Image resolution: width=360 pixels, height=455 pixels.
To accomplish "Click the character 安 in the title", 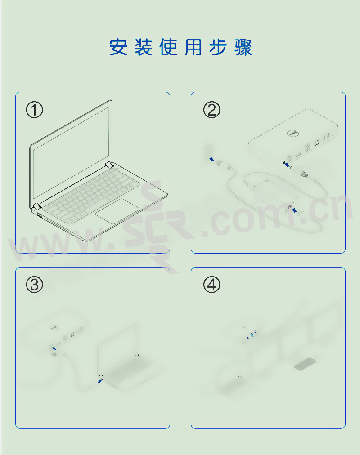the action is click(x=118, y=47).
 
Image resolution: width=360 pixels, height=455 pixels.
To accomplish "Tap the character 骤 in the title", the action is click(x=243, y=47).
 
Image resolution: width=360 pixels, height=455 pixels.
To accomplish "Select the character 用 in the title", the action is click(x=193, y=47).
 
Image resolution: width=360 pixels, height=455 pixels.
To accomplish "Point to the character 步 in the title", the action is click(x=218, y=47).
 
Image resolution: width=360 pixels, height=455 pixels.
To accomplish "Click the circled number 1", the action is click(x=35, y=110).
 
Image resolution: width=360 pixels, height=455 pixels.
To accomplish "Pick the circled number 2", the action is click(x=211, y=110).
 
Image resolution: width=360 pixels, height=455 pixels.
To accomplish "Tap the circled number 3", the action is click(x=35, y=284).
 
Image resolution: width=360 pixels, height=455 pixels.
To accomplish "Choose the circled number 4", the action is click(x=211, y=284).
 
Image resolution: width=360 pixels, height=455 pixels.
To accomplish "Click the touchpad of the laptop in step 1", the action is click(x=117, y=211).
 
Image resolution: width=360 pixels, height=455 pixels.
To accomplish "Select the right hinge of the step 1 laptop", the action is click(x=109, y=165).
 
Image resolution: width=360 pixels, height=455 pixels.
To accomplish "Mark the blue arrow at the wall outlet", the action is click(x=212, y=159).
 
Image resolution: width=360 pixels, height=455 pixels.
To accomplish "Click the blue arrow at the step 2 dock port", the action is click(x=287, y=165).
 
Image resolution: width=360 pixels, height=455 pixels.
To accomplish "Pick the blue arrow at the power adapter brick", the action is click(x=294, y=210).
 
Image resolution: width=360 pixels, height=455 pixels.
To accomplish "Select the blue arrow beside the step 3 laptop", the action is click(x=100, y=381).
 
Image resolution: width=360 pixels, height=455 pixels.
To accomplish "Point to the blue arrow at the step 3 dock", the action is click(x=54, y=348).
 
